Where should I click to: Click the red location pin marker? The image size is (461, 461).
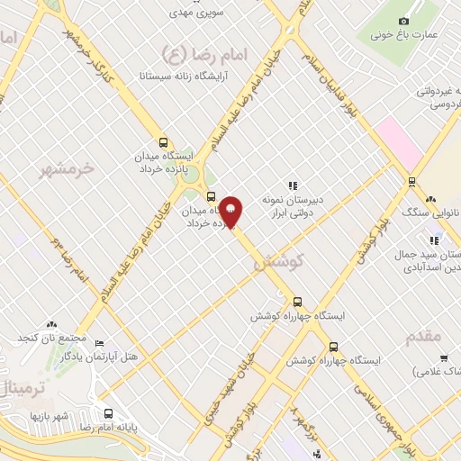point(230,212)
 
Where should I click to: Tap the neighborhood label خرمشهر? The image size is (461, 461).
point(68,168)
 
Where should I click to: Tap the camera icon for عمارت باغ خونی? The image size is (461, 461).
point(402,21)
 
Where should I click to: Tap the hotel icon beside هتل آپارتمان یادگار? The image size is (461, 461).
point(99,343)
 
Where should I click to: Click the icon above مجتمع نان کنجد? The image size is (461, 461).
point(51,323)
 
